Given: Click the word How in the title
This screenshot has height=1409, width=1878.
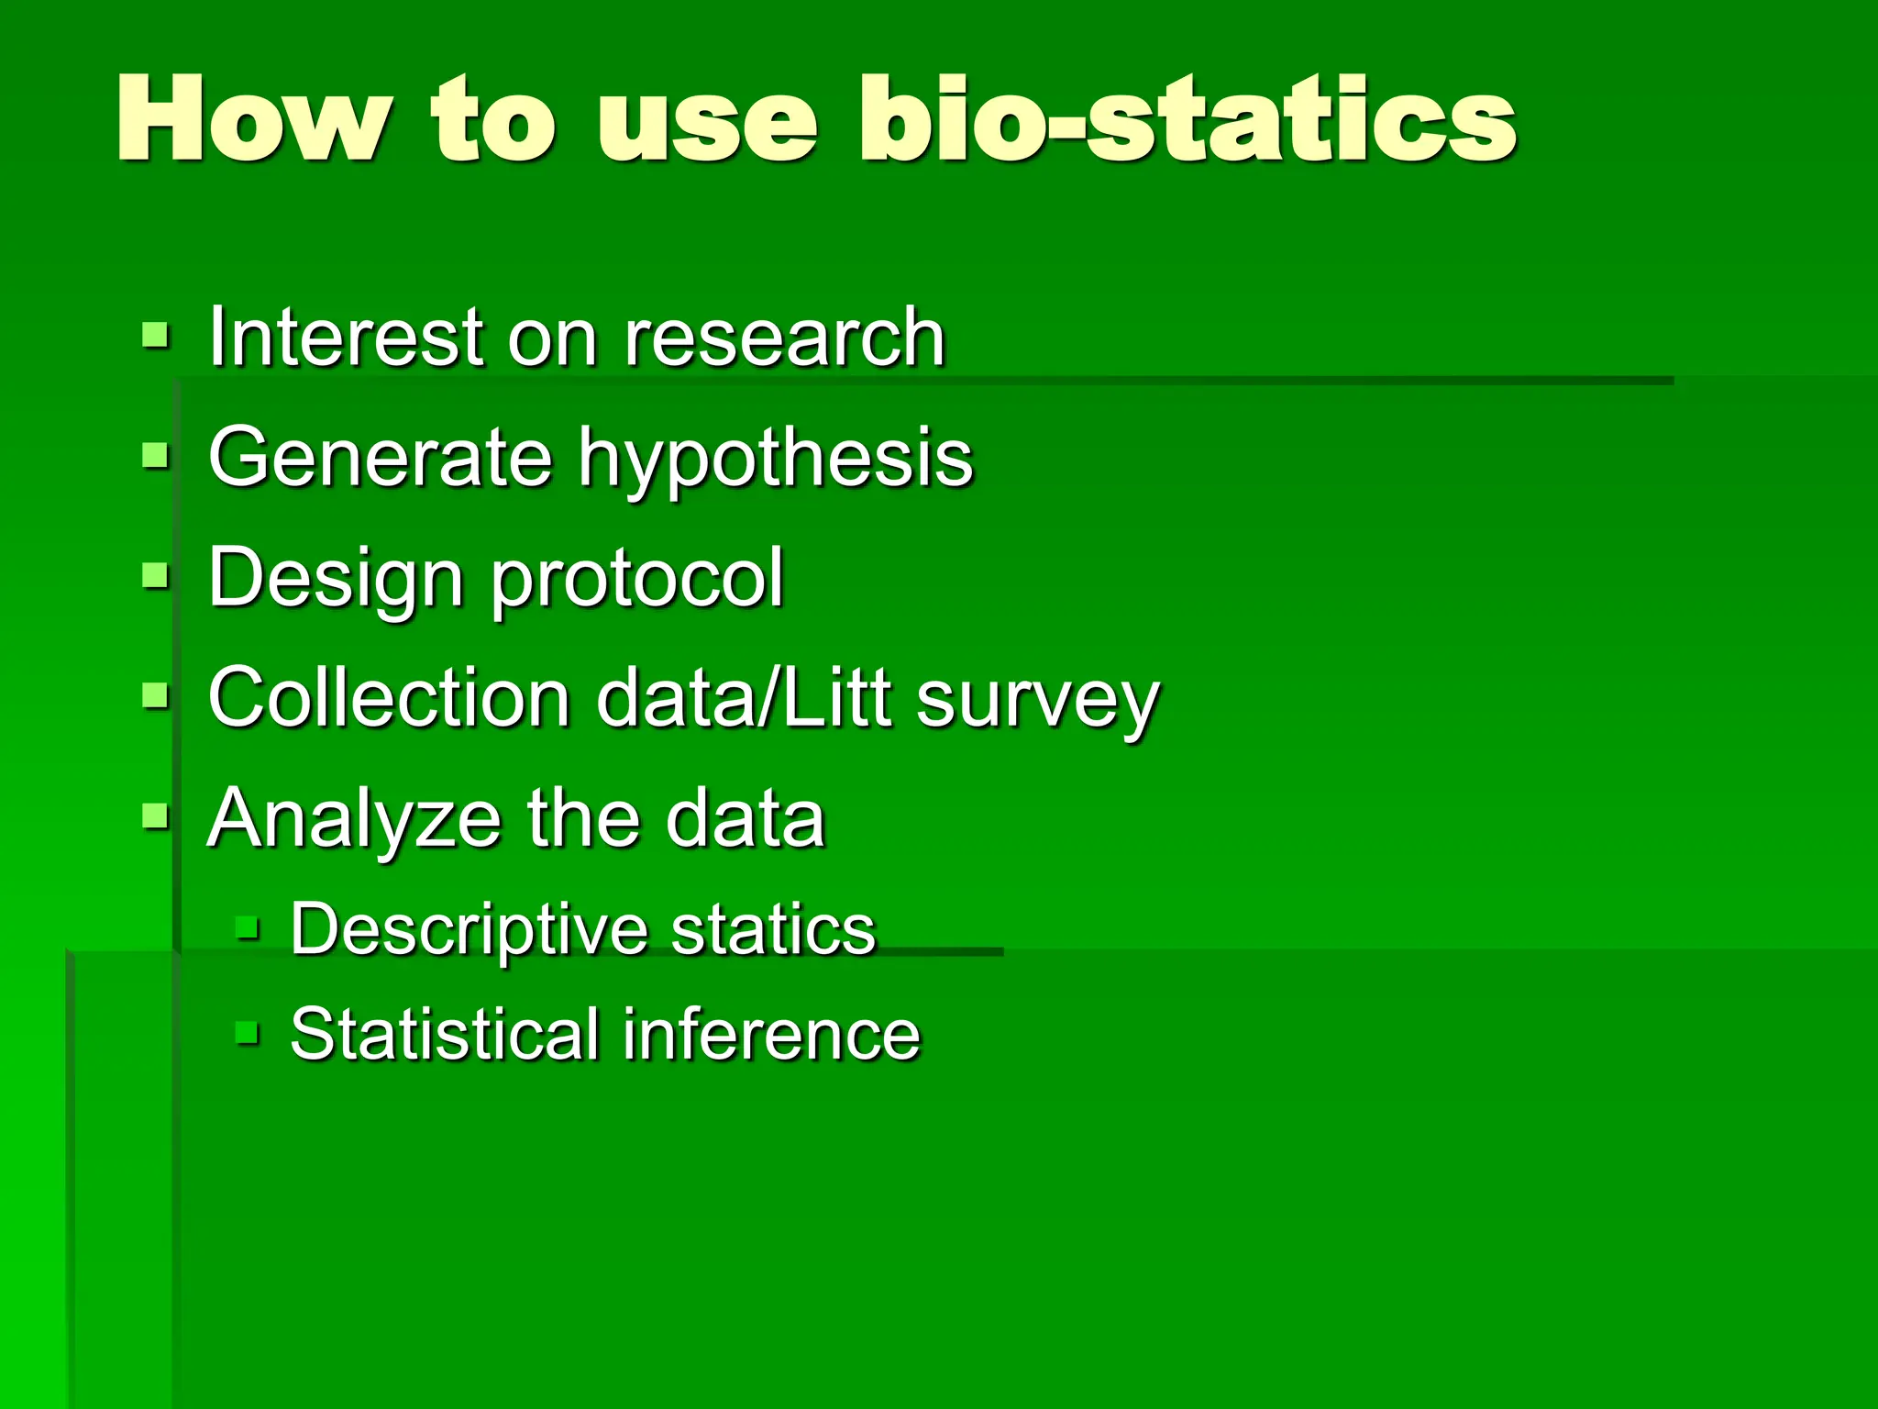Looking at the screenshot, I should [251, 119].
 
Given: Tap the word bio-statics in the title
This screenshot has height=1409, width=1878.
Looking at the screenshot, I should [1187, 119].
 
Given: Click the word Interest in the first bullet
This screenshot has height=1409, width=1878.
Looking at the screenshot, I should [345, 338].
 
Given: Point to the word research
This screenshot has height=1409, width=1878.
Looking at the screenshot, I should [784, 338].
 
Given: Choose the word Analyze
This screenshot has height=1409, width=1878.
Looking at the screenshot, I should [354, 820].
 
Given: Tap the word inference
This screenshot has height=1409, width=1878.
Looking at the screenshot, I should [771, 1035].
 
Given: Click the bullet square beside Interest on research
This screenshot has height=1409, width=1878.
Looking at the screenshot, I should [156, 336].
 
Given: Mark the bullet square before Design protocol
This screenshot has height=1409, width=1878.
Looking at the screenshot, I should [156, 576].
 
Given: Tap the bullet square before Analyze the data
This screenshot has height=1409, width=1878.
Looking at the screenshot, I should [156, 815].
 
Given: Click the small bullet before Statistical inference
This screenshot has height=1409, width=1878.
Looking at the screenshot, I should [248, 1034].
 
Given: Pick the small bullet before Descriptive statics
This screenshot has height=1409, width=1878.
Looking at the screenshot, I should [248, 927].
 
